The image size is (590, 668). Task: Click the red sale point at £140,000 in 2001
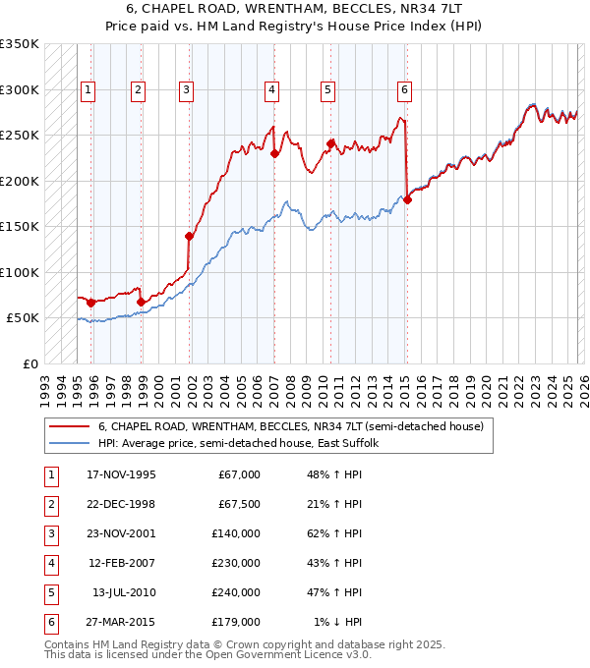(189, 236)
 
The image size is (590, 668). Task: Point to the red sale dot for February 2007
(274, 154)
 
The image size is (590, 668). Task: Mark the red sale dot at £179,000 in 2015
(407, 200)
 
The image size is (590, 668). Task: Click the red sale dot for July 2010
(330, 143)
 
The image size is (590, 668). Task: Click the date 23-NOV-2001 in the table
(121, 535)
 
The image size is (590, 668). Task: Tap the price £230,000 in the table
(236, 564)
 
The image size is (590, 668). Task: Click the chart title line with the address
(294, 9)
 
